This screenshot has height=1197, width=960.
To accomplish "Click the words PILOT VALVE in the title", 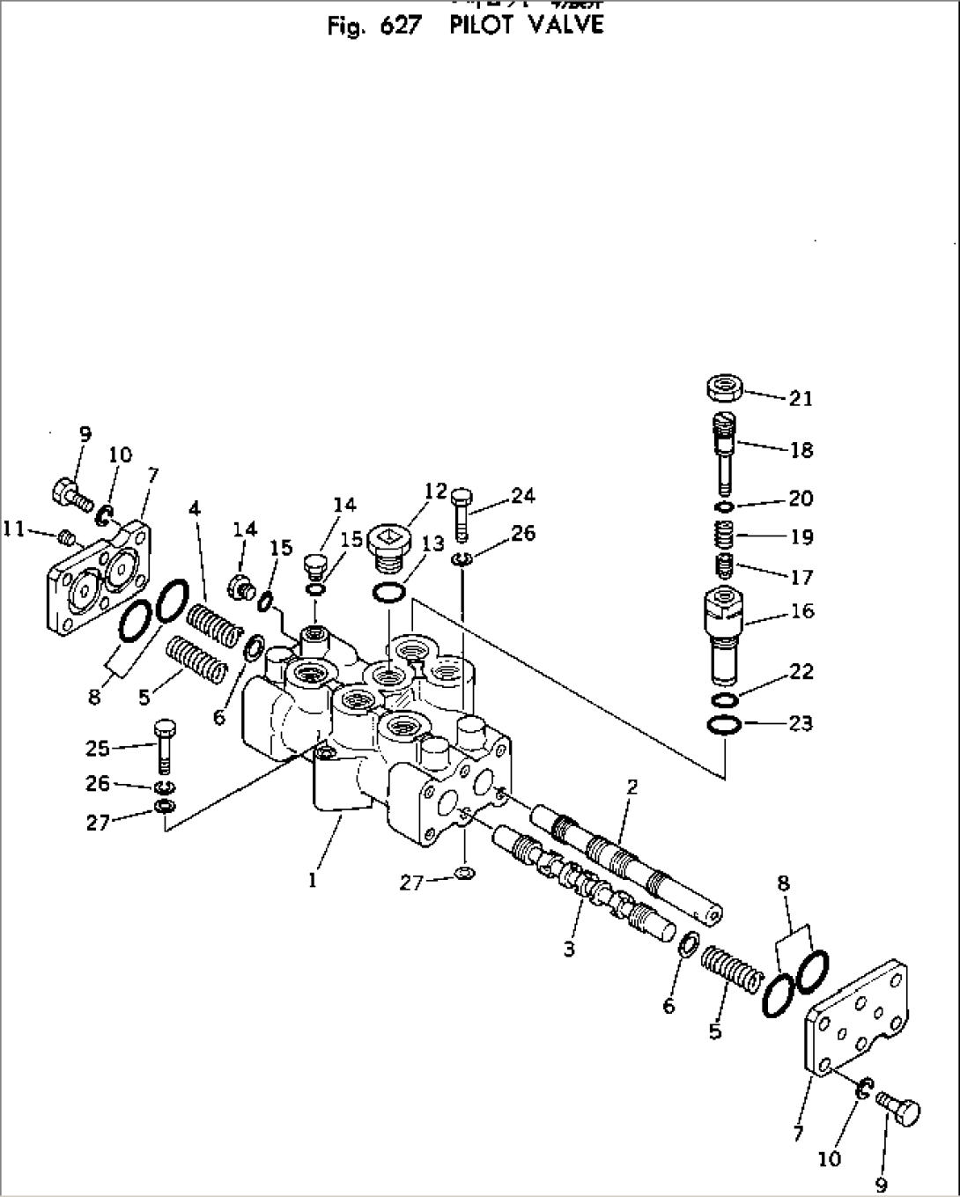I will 526,26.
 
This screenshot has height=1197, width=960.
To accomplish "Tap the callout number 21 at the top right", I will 800,399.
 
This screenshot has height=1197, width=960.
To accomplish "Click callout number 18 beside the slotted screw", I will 801,450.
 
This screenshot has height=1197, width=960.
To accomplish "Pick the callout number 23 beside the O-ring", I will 800,724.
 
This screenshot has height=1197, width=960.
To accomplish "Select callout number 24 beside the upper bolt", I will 522,496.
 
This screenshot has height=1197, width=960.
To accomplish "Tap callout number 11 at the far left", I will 13,528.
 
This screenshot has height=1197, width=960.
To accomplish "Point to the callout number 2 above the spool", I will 631,786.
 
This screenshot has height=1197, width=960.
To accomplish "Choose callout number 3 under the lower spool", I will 569,949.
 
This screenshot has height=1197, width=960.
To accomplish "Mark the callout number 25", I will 98,749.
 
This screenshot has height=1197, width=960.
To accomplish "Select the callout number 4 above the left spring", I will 194,508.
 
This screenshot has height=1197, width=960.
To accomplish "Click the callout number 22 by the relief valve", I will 801,673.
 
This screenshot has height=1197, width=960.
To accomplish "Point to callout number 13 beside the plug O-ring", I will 432,544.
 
